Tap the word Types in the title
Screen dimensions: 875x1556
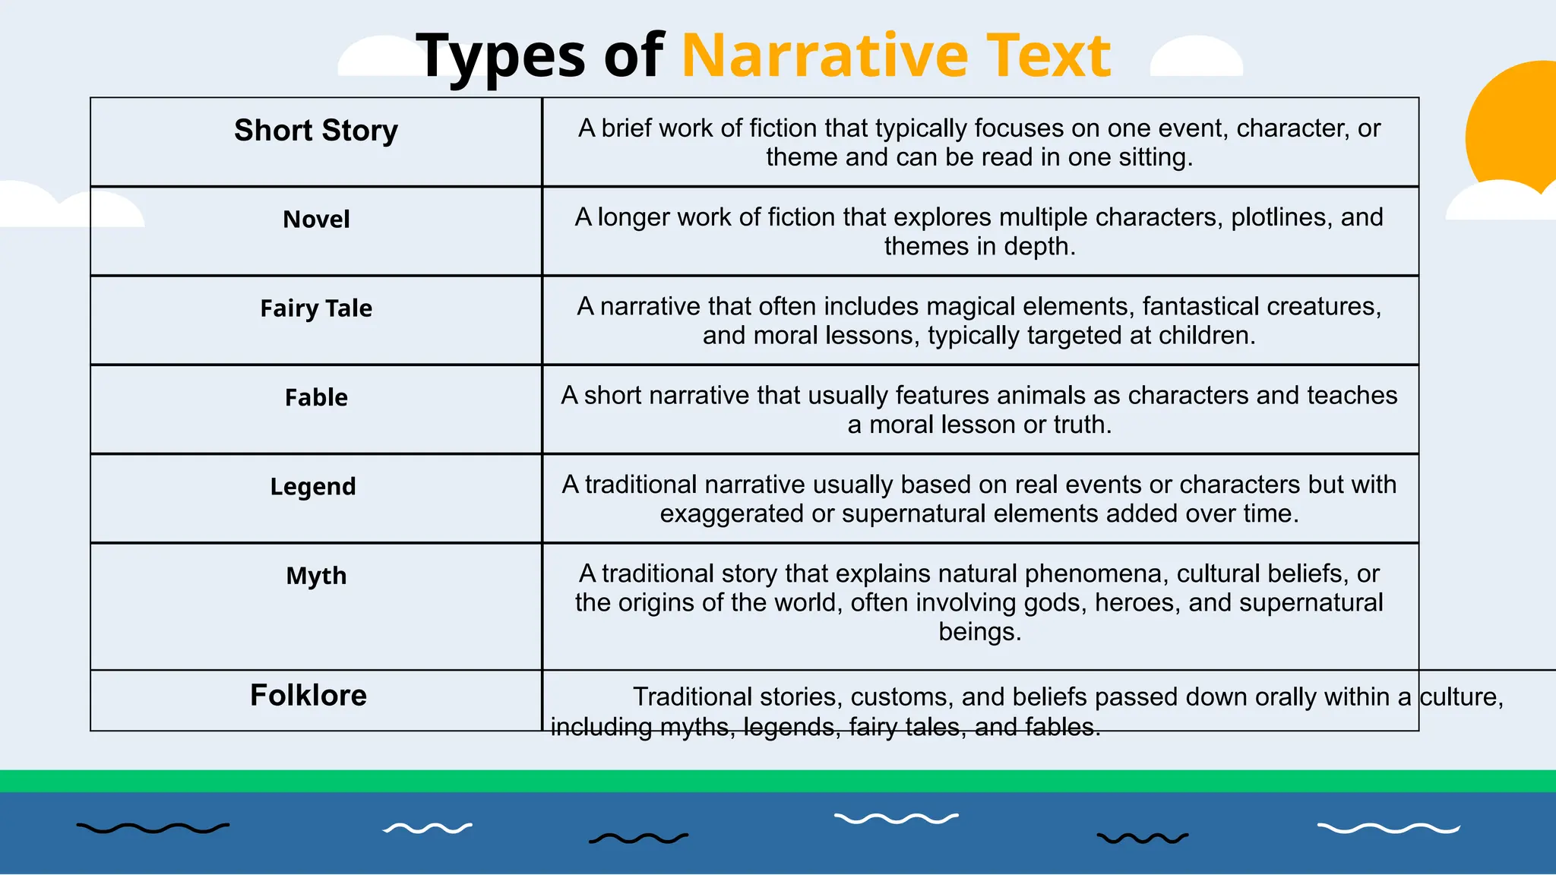501,57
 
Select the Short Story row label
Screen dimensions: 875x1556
316,131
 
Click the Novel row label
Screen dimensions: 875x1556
316,220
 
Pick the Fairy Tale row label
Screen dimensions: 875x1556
316,308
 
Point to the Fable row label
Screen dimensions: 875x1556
316,397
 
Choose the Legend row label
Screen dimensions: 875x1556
313,486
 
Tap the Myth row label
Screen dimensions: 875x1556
316,576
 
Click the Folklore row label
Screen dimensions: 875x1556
308,695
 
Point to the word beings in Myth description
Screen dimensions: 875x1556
979,632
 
